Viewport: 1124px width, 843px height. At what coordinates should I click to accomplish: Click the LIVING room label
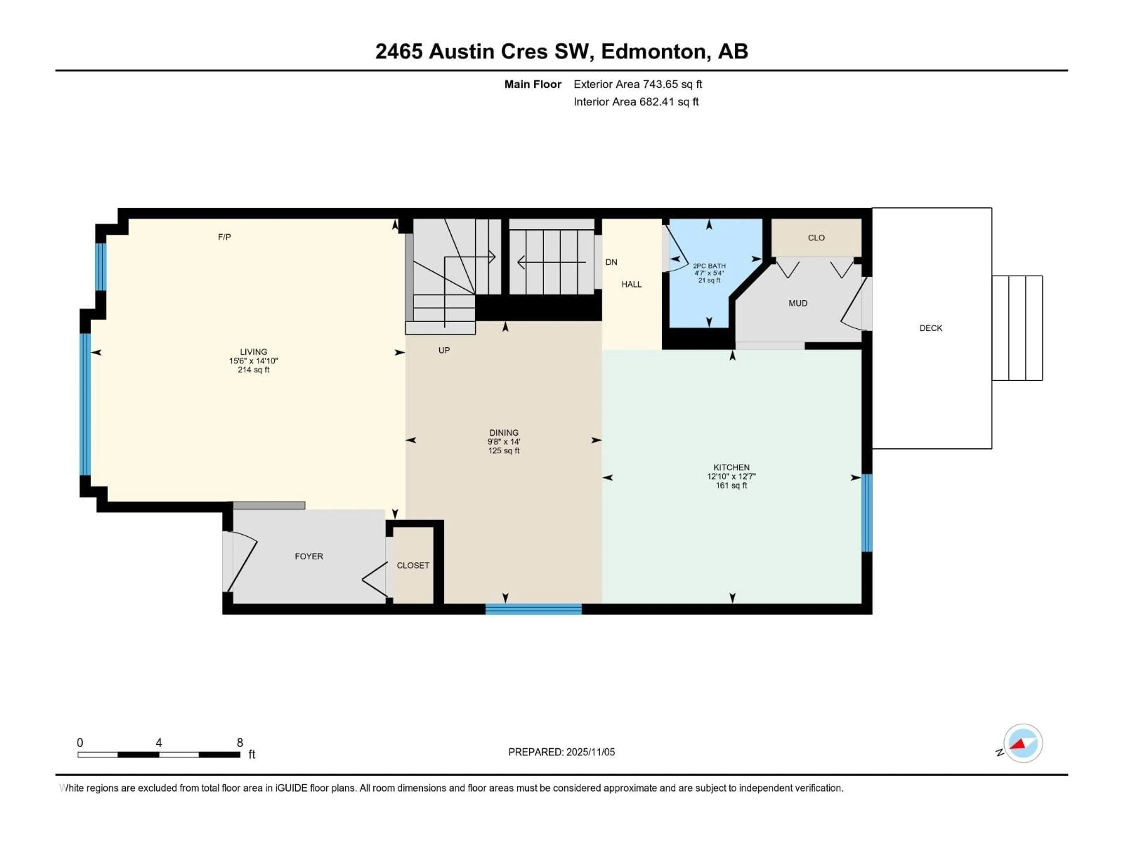click(x=253, y=352)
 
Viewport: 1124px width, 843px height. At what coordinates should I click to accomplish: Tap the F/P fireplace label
click(x=224, y=237)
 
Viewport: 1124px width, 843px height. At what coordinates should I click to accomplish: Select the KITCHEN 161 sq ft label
click(x=731, y=476)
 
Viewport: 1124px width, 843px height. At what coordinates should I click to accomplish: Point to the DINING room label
click(x=503, y=433)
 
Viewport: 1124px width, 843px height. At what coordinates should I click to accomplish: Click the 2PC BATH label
click(x=709, y=266)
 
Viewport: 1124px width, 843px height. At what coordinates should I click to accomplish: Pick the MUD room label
click(x=797, y=303)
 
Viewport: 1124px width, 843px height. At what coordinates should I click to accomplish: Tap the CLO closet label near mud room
click(x=816, y=238)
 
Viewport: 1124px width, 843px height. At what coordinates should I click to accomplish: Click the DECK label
click(x=931, y=328)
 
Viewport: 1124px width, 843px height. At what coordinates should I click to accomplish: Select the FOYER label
click(x=309, y=556)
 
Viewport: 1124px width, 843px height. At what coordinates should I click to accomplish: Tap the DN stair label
click(x=611, y=262)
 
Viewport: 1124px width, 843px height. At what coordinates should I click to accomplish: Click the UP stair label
click(x=444, y=350)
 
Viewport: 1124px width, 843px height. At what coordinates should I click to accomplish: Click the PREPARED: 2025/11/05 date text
click(x=561, y=752)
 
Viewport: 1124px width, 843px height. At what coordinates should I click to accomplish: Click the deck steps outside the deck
click(x=1017, y=328)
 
